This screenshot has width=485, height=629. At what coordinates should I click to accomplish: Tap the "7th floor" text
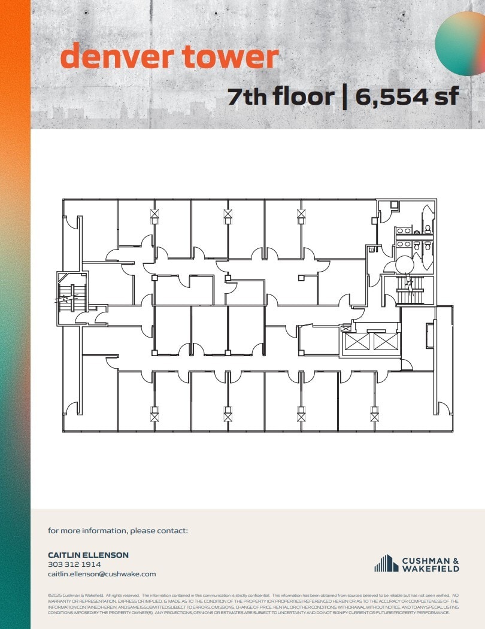[280, 96]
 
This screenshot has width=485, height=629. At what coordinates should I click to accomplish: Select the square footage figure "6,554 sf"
[407, 96]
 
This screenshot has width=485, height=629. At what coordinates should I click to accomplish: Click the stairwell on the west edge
[72, 292]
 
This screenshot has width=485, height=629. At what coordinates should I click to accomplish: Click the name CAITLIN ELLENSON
[88, 555]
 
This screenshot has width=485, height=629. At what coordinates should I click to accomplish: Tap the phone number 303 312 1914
[74, 564]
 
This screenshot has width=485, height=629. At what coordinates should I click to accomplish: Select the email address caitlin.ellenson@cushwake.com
[102, 574]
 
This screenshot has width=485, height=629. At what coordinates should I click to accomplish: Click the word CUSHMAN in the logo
[427, 560]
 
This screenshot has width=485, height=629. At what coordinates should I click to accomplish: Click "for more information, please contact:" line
[118, 531]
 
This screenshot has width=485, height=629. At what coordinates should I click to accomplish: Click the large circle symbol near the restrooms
[405, 264]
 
